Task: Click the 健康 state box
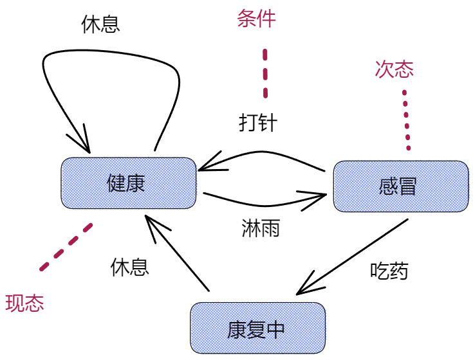(x=128, y=184)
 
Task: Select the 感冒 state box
(x=400, y=186)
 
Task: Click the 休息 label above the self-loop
(x=101, y=24)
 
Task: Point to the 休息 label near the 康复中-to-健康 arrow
(x=129, y=266)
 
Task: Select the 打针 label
(x=257, y=122)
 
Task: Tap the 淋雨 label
(x=260, y=228)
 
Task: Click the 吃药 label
(x=389, y=271)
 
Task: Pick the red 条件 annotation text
(x=256, y=19)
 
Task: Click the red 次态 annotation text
(x=394, y=69)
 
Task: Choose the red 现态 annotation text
(x=24, y=303)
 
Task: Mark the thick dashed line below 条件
(x=264, y=73)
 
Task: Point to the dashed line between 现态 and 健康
(x=66, y=246)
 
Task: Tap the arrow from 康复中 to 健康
(x=176, y=255)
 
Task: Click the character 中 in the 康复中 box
(x=275, y=329)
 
